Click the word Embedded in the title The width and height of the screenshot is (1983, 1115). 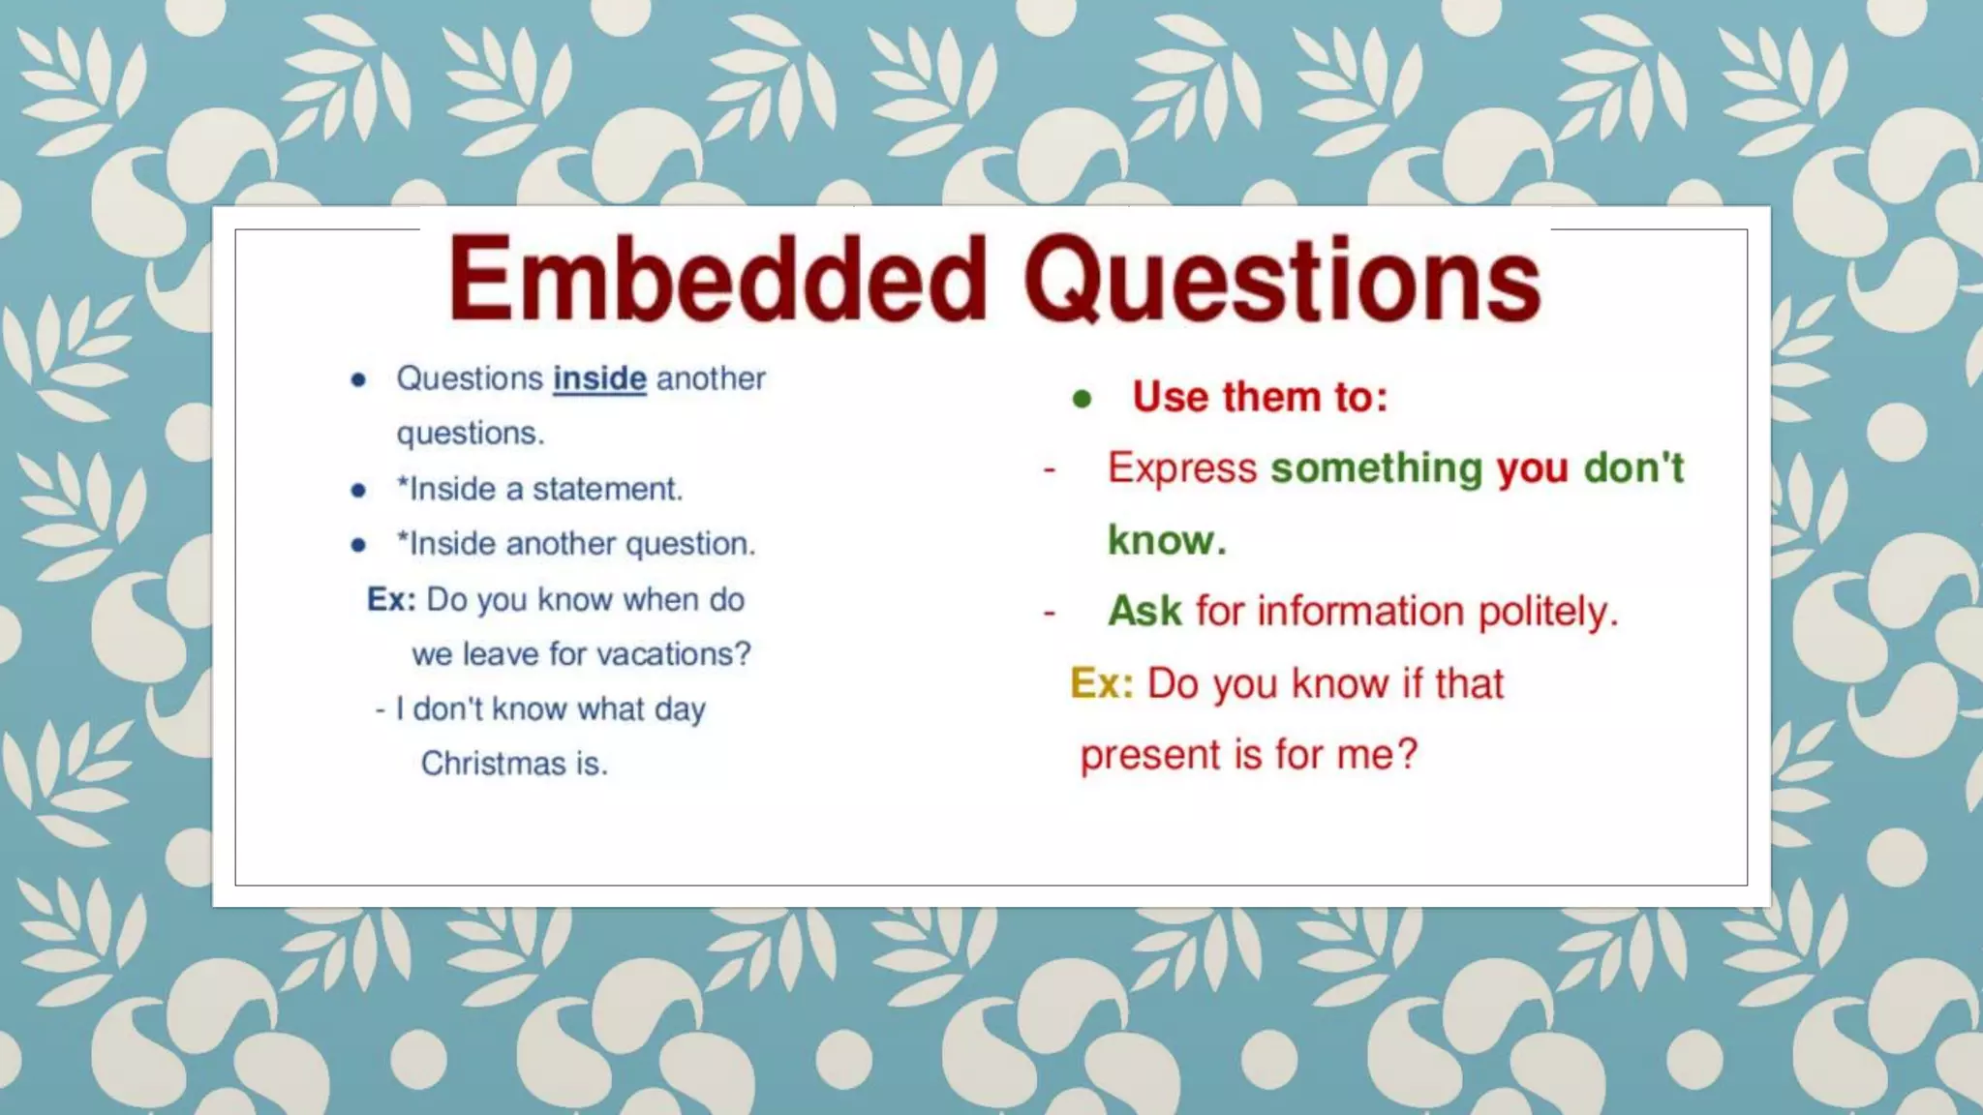pos(717,279)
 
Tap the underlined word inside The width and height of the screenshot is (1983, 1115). pos(599,378)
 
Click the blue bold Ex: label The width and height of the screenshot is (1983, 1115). pos(391,599)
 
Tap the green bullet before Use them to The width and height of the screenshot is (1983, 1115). pos(1083,399)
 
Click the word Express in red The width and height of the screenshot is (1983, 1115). pos(1181,468)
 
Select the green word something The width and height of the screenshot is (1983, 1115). pos(1376,468)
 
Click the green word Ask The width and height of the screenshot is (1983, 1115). pos(1144,612)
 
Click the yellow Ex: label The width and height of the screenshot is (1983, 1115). pos(1101,684)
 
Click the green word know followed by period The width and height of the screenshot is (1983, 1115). pos(1166,540)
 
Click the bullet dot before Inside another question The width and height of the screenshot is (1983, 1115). pos(358,545)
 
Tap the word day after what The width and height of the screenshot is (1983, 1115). pos(680,709)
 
